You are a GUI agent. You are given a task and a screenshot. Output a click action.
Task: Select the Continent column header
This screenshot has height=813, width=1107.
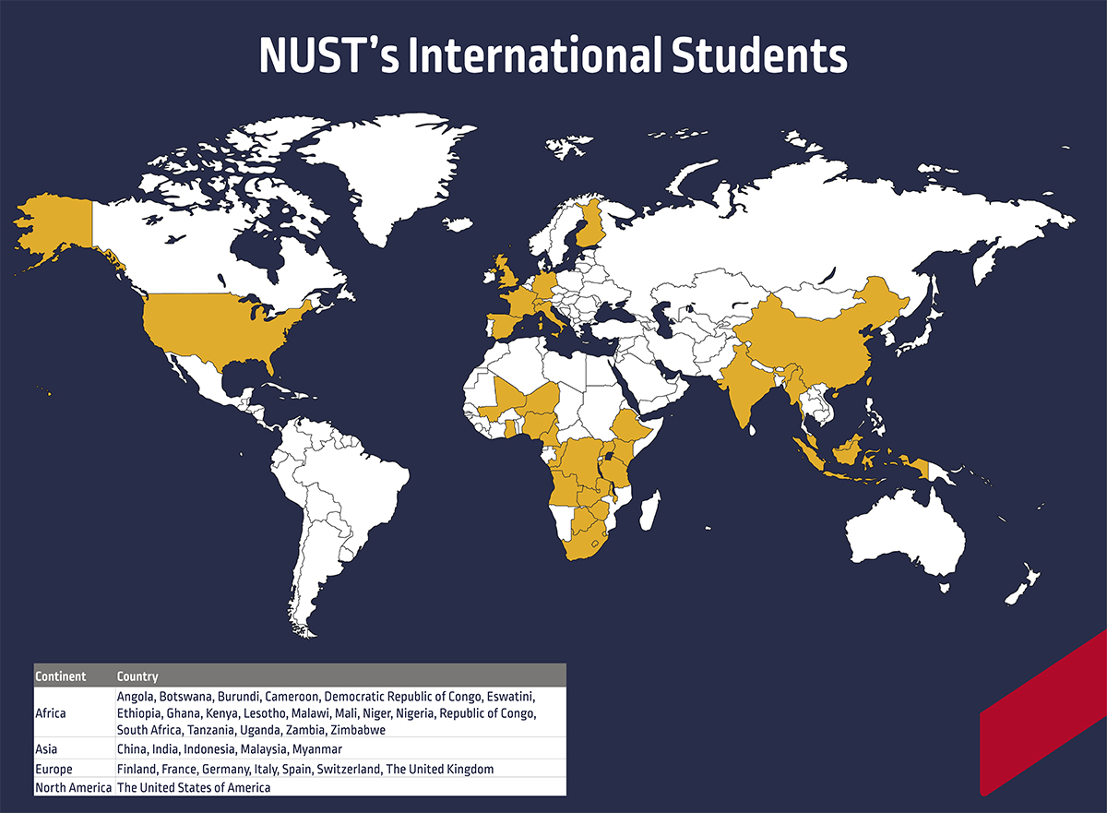click(x=61, y=676)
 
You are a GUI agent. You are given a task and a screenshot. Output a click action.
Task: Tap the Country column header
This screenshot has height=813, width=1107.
click(x=137, y=676)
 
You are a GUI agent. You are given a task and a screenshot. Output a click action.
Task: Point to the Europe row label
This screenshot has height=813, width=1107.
click(x=53, y=769)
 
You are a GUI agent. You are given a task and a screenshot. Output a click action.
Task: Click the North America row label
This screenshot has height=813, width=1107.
click(x=73, y=787)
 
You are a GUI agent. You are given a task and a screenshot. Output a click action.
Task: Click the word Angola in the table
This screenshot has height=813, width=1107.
click(x=135, y=695)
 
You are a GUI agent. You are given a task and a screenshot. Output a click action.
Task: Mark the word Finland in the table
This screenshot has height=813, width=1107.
click(x=137, y=769)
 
